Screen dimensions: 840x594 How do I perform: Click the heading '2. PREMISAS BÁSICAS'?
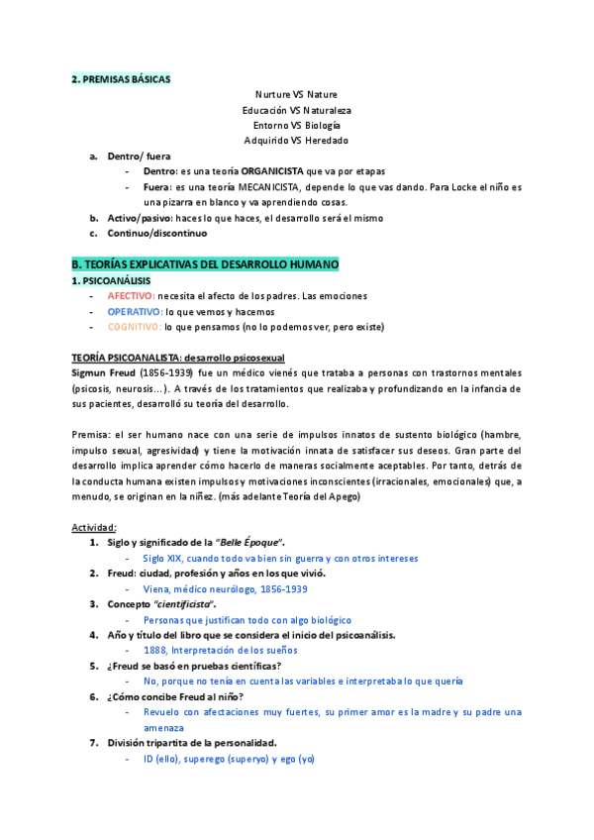pyautogui.click(x=121, y=78)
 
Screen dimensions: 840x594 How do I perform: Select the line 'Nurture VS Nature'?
pyautogui.click(x=296, y=94)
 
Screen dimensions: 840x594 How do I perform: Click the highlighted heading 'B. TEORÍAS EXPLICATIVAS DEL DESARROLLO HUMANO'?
pyautogui.click(x=205, y=265)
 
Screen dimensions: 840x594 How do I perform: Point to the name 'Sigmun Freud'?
pyautogui.click(x=105, y=372)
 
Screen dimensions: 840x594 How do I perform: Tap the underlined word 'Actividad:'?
pyautogui.click(x=94, y=527)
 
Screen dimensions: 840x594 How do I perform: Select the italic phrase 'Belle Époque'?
pyautogui.click(x=249, y=543)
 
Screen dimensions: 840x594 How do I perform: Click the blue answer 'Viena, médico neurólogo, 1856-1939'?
pyautogui.click(x=225, y=588)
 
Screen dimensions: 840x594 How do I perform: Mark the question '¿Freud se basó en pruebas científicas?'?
pyautogui.click(x=194, y=666)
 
